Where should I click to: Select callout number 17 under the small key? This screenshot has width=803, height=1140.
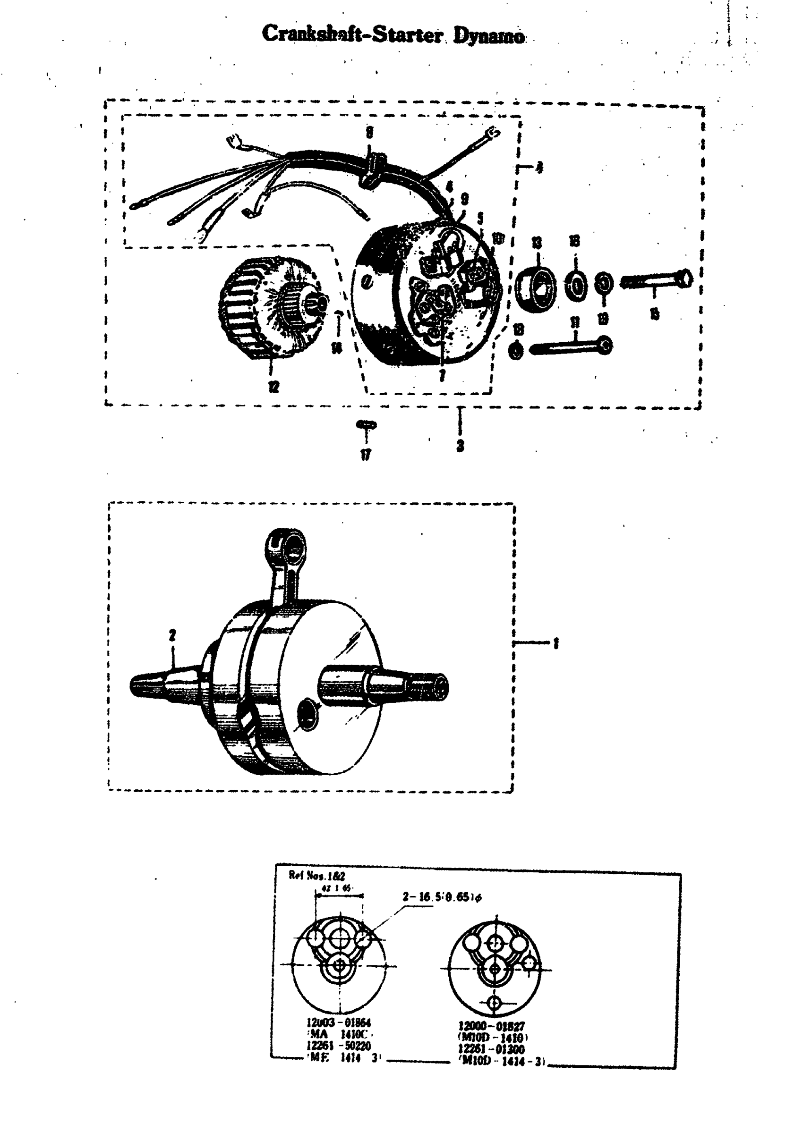pos(366,454)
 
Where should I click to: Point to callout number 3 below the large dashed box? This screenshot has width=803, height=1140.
pos(461,445)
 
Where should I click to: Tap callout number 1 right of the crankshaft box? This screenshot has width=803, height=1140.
pos(555,644)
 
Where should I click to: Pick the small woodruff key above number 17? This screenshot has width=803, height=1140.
pos(367,424)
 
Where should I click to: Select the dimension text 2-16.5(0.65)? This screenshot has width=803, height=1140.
pos(442,897)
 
